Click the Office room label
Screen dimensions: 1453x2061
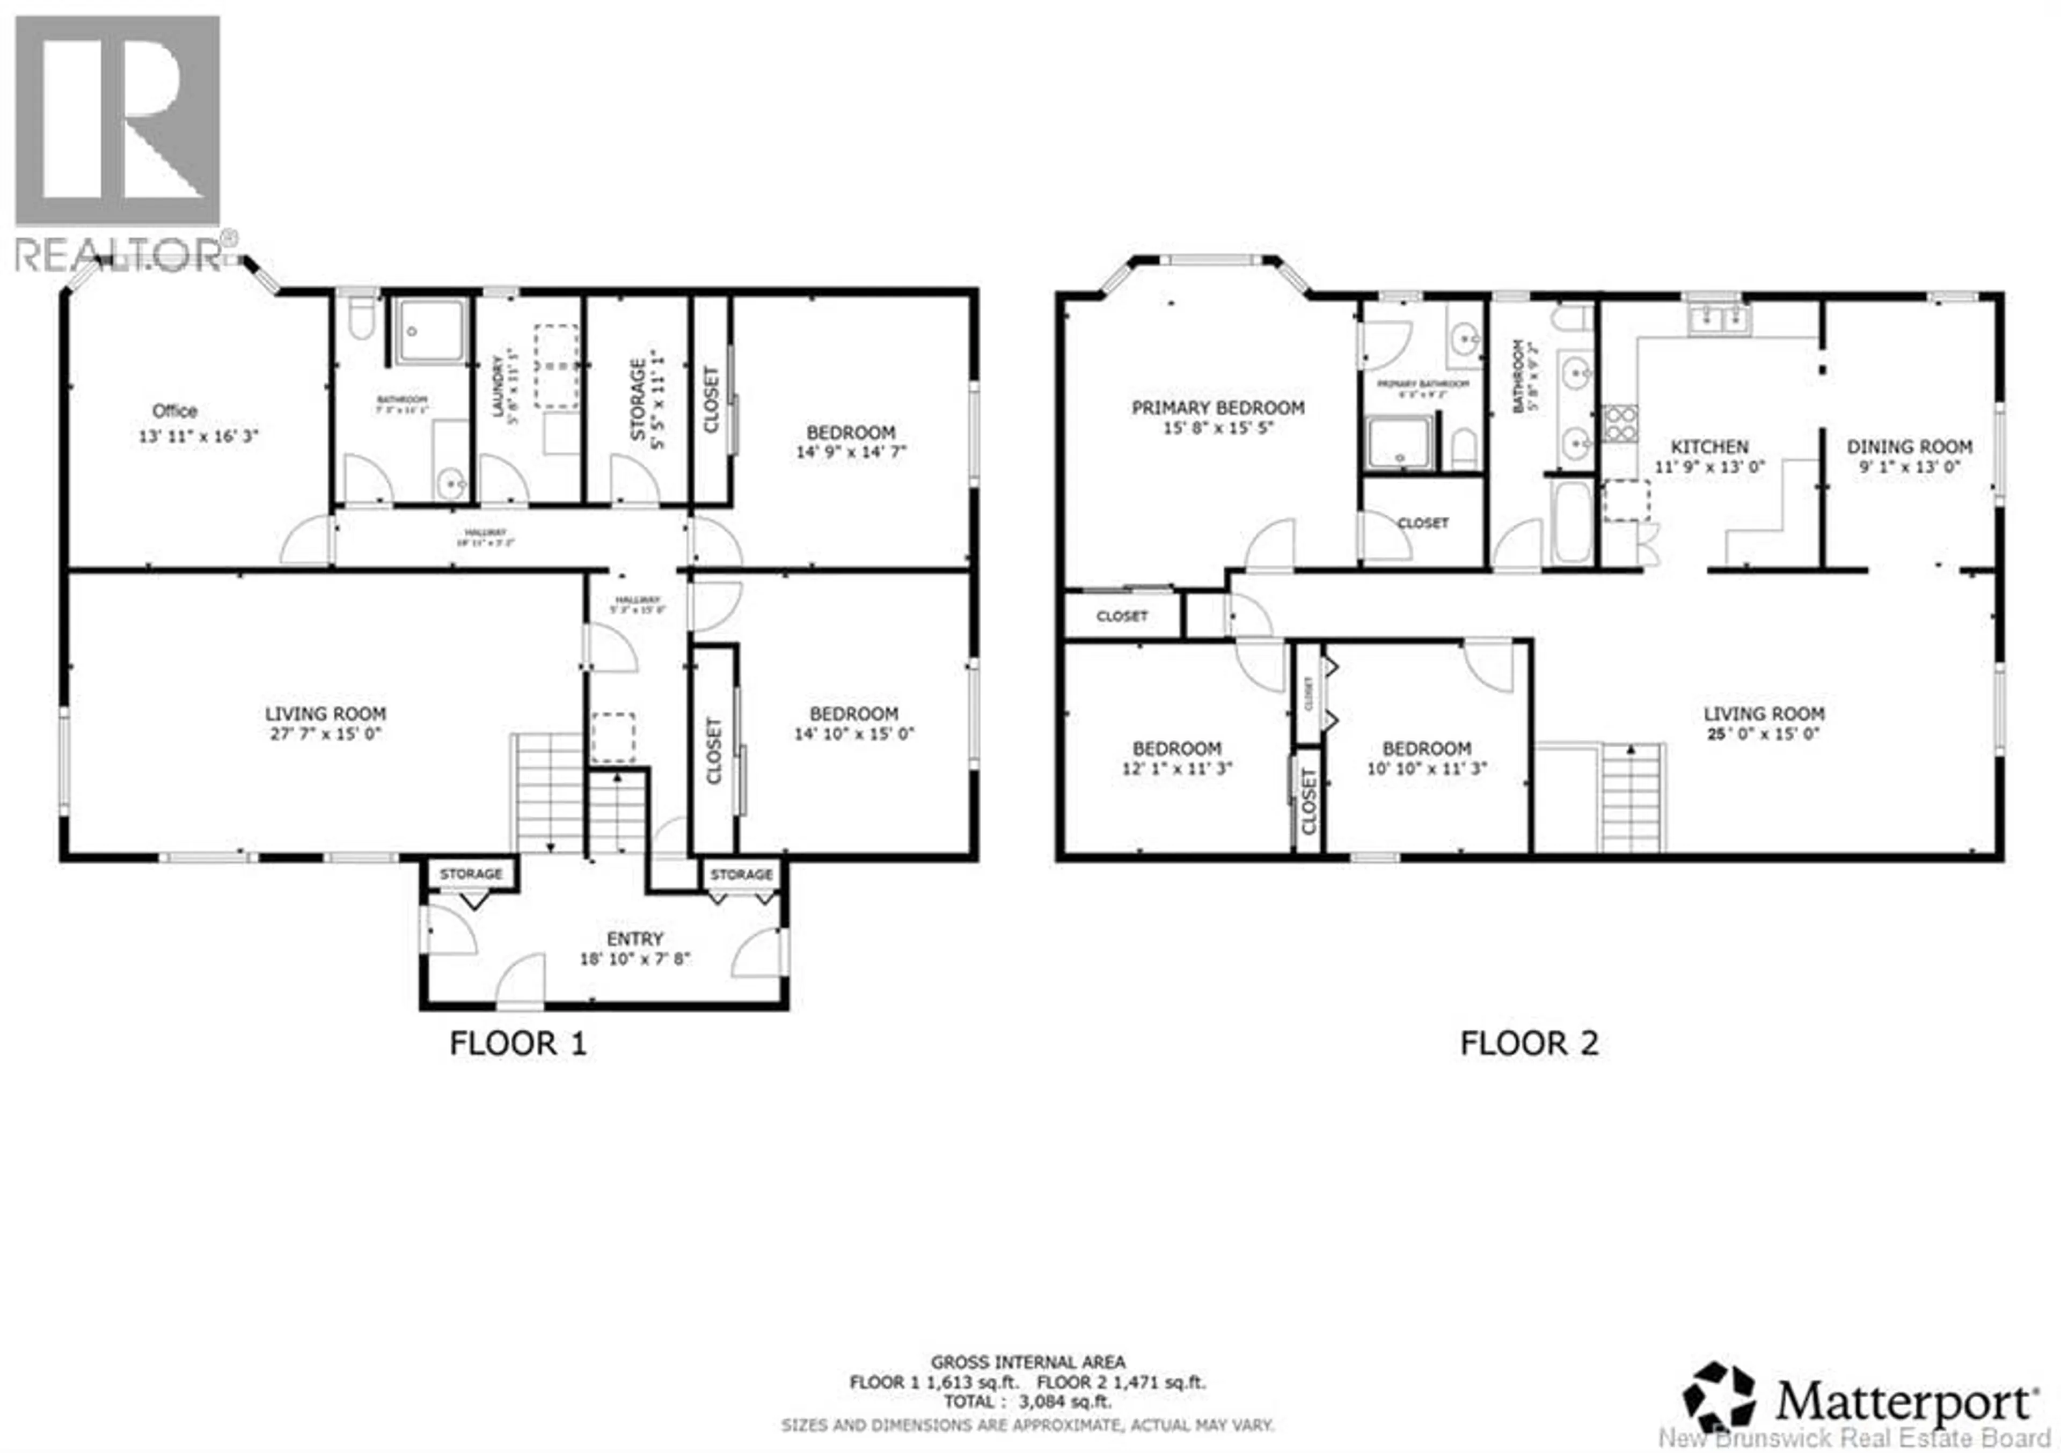click(175, 411)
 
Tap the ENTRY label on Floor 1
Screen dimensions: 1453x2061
click(634, 939)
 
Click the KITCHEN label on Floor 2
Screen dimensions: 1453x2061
click(1709, 446)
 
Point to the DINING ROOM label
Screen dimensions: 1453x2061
click(1909, 446)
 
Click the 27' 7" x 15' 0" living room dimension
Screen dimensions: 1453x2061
click(325, 734)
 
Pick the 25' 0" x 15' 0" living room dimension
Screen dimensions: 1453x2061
click(1764, 734)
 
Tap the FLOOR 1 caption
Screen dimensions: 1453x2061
click(518, 1044)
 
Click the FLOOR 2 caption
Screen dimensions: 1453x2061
click(1530, 1044)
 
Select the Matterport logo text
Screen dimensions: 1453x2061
click(1903, 1402)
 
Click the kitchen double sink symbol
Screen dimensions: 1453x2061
click(1718, 318)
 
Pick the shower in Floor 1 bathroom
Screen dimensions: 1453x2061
click(432, 331)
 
